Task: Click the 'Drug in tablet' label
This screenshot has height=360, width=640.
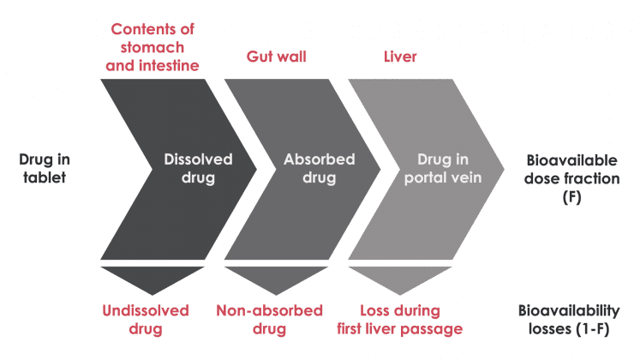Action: pos(42,167)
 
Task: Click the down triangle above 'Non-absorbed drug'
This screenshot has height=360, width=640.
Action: pos(268,279)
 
